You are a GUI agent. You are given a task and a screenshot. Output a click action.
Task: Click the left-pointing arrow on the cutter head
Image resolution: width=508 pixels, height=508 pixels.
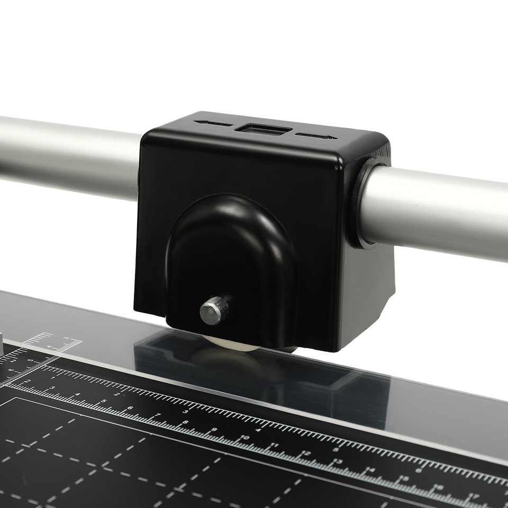coord(213,124)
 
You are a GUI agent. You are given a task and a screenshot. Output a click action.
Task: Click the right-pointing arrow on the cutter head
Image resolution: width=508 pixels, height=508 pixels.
coord(316,135)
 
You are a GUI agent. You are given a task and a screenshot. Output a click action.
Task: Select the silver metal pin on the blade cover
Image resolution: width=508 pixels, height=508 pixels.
coord(214,310)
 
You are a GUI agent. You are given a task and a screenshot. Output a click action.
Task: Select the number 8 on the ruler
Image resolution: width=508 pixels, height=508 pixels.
coord(185,422)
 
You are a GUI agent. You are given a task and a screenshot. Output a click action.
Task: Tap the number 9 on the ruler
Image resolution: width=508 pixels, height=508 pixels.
coord(214,430)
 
